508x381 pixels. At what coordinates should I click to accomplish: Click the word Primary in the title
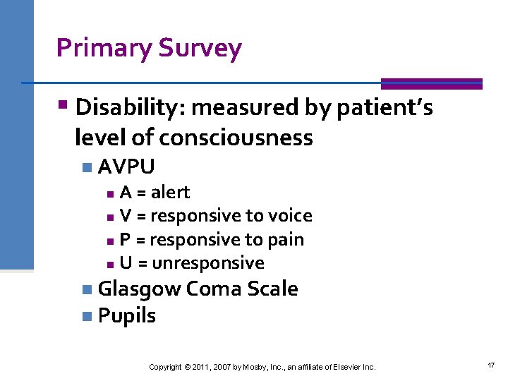(x=104, y=48)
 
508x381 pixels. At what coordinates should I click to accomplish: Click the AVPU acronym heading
(x=126, y=167)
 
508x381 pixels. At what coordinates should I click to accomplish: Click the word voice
(x=289, y=216)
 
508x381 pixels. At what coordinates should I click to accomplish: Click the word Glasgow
(x=138, y=289)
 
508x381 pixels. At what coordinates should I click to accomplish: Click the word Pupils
(x=127, y=315)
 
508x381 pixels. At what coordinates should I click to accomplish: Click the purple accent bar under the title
(x=431, y=83)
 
